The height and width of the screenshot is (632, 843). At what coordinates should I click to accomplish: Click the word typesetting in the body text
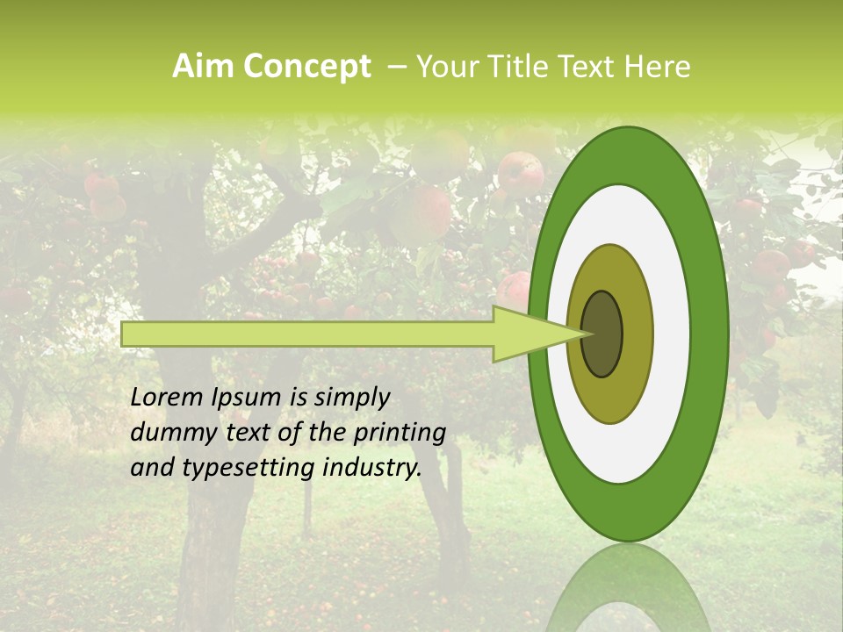tap(248, 468)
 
